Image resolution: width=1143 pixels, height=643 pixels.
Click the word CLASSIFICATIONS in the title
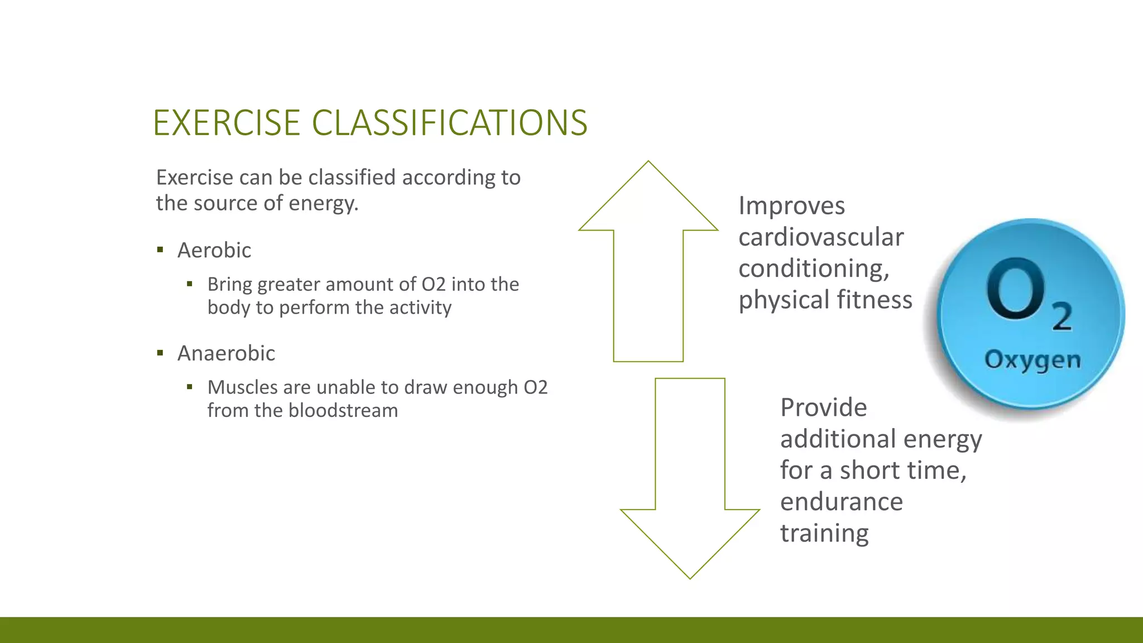[x=449, y=123]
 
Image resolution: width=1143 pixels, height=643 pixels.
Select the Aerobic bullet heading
[x=214, y=250]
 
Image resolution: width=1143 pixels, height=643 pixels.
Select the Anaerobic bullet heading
[x=226, y=353]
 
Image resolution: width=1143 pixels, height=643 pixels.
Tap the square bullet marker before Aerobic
[x=160, y=250]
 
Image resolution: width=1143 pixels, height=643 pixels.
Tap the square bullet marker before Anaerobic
[x=160, y=353]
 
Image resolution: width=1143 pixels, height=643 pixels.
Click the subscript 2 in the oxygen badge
[x=1062, y=316]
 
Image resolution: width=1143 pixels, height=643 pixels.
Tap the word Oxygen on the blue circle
[x=1032, y=360]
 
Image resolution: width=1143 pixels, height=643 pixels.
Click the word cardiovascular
[x=820, y=237]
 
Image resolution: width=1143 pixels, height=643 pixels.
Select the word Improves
[x=791, y=206]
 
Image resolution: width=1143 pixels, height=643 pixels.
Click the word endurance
[x=841, y=502]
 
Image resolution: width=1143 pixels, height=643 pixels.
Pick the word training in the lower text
[x=824, y=533]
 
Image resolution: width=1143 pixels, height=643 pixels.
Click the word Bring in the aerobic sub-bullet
[x=229, y=285]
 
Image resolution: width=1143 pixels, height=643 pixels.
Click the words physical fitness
[x=825, y=300]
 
